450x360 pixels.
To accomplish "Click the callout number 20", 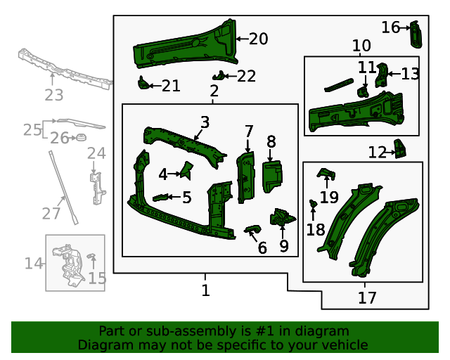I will point(258,39).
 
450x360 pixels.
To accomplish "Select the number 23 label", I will point(54,95).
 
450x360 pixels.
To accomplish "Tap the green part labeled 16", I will point(416,32).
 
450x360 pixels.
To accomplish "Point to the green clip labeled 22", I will point(219,76).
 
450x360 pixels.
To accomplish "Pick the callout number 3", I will point(204,122).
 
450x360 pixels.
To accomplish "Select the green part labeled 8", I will point(271,175).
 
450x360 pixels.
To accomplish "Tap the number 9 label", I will point(283,246).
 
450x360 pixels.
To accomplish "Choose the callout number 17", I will point(367,297).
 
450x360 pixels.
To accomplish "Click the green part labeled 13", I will point(382,74).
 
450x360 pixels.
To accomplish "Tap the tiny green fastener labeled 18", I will point(314,205).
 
